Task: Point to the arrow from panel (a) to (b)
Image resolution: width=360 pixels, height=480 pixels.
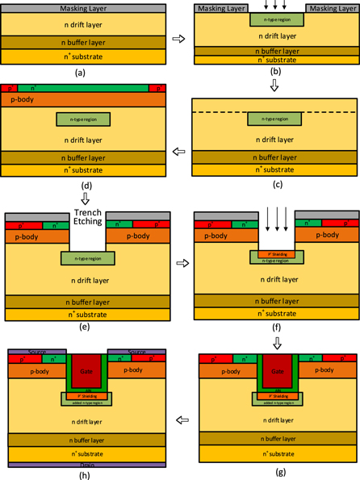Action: point(180,38)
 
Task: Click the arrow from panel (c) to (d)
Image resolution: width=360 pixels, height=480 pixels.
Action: point(180,151)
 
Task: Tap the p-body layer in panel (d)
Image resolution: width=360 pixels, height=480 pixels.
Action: point(86,99)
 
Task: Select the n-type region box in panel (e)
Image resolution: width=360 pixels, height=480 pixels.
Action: point(87,258)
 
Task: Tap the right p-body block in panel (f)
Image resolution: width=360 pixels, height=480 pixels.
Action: point(326,234)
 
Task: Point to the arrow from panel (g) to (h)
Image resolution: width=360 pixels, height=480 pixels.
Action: point(180,420)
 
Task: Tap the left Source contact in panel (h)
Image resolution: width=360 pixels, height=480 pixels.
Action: point(36,352)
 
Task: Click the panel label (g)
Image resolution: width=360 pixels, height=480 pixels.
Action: point(277,470)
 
